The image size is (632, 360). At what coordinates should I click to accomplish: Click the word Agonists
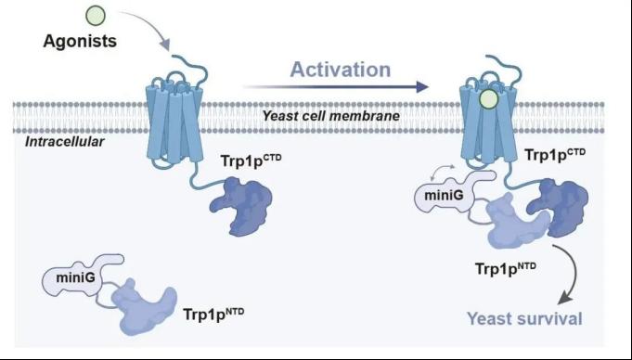coord(80,41)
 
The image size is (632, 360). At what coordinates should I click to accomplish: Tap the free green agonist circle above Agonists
coord(96,16)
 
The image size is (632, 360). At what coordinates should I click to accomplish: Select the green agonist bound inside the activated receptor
coord(489,99)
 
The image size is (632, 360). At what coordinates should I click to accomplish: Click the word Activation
coord(341,70)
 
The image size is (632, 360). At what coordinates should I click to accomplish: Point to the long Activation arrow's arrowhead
coord(421,86)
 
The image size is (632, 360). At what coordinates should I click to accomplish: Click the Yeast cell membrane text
coord(331,116)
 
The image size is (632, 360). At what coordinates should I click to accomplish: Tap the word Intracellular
coord(64,142)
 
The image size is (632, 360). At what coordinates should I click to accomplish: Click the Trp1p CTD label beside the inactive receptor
coord(252,161)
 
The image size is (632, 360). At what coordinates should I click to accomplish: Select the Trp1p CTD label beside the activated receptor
coord(555,154)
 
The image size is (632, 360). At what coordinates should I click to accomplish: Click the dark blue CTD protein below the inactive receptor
coord(242,205)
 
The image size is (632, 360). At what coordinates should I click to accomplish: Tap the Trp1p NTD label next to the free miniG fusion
coord(213,314)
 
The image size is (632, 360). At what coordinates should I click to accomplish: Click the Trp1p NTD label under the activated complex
coord(506,268)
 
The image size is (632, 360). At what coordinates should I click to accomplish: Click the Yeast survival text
coord(524,318)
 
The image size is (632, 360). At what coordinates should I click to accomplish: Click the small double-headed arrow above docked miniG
coord(442,170)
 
